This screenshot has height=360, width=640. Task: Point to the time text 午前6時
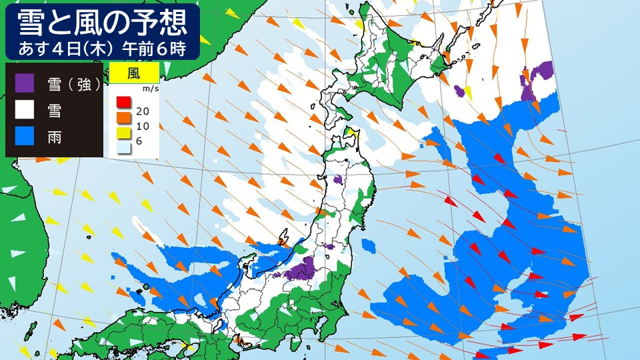(x=155, y=49)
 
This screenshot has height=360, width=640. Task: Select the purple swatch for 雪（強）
(x=25, y=83)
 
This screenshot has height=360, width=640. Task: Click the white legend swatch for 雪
(x=25, y=109)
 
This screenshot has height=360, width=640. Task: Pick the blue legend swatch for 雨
(x=25, y=134)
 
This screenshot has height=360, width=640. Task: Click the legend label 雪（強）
(x=74, y=83)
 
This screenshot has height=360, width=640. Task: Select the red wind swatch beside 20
(x=123, y=102)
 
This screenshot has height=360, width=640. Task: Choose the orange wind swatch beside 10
(x=123, y=117)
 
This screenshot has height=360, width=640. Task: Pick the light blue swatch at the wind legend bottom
(x=123, y=147)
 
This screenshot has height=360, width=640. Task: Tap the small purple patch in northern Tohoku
(x=337, y=179)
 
